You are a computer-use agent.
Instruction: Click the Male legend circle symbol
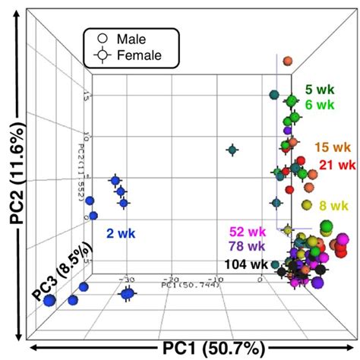click(102, 37)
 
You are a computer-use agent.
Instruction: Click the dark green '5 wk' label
click(320, 89)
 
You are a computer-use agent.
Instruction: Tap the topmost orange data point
click(288, 62)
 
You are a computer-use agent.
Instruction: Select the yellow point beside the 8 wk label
click(306, 205)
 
